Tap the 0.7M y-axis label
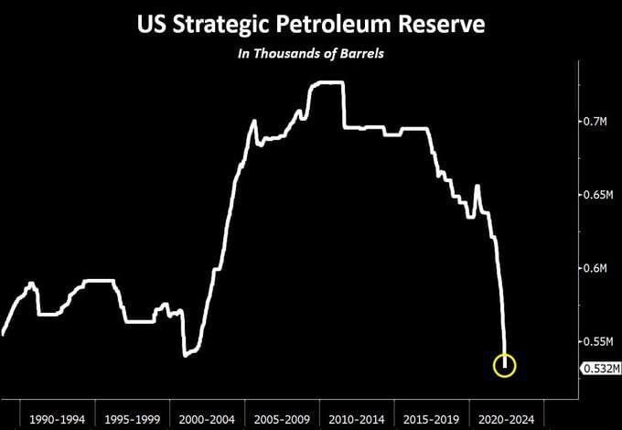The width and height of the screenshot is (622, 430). click(595, 122)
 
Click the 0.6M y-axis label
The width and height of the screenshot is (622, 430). click(595, 268)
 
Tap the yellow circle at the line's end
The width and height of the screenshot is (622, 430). click(505, 366)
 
